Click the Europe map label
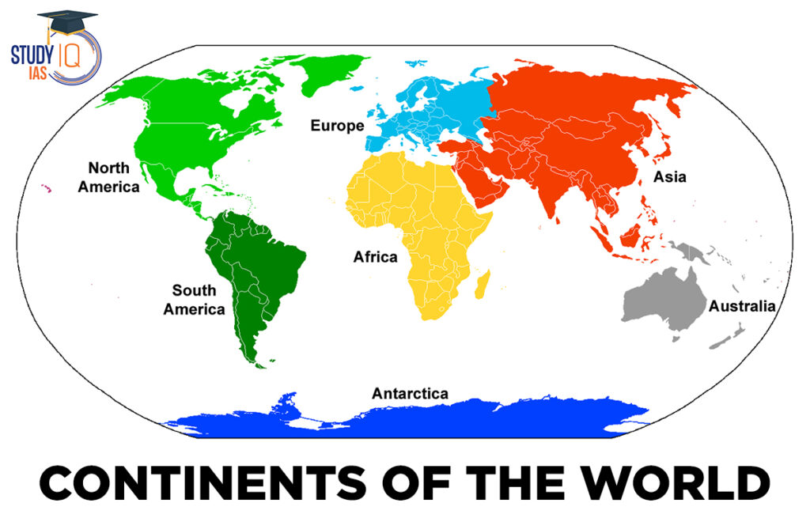337,126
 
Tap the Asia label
669,177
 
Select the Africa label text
375,257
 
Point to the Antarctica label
410,393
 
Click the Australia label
742,306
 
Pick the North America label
113,177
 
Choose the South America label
194,300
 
